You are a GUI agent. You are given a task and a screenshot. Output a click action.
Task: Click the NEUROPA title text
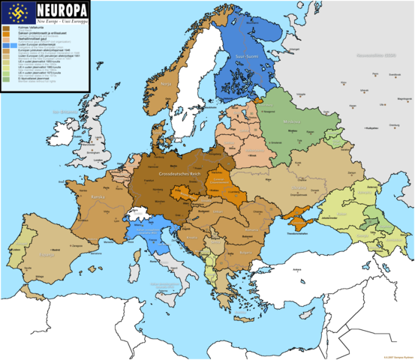coord(59,10)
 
